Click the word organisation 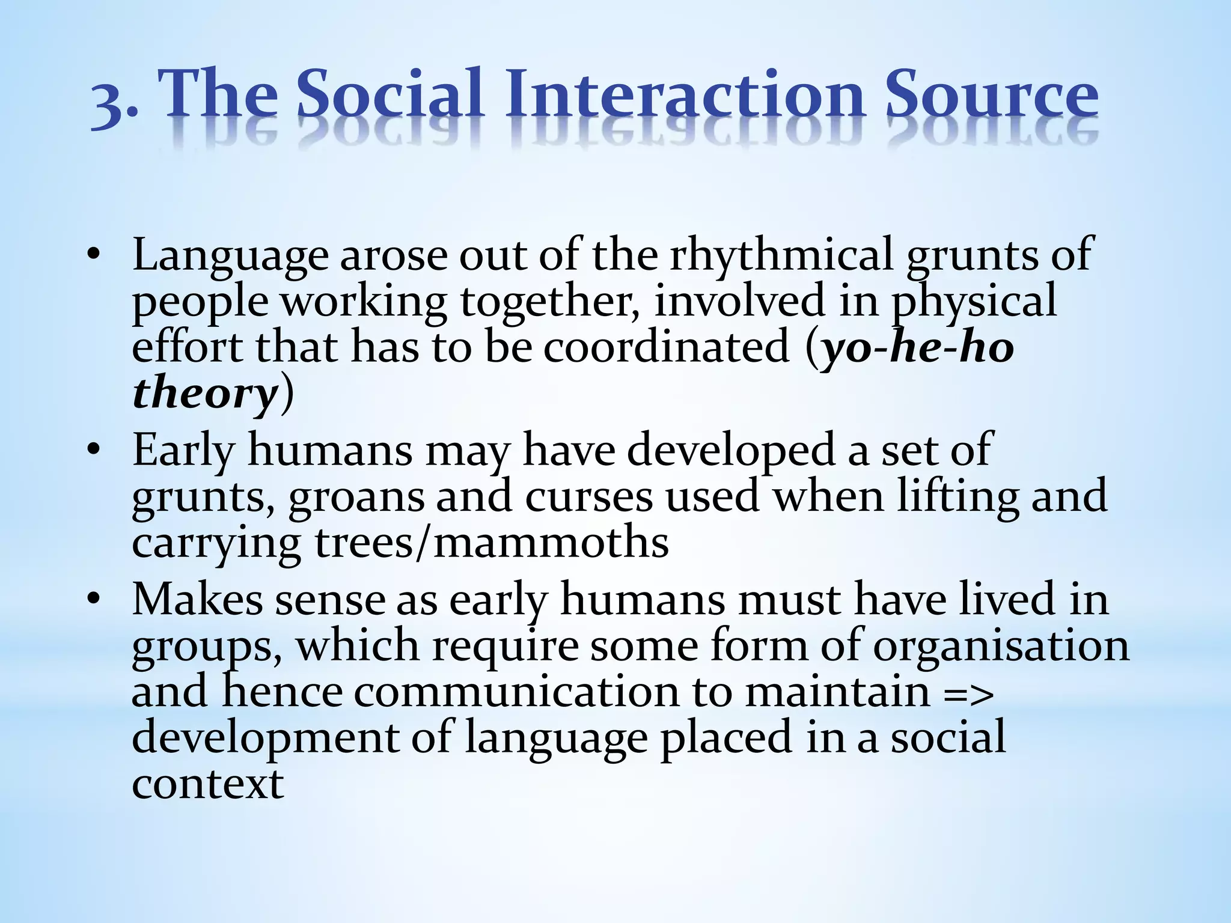1001,646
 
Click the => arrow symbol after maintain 968,693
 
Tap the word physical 974,302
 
